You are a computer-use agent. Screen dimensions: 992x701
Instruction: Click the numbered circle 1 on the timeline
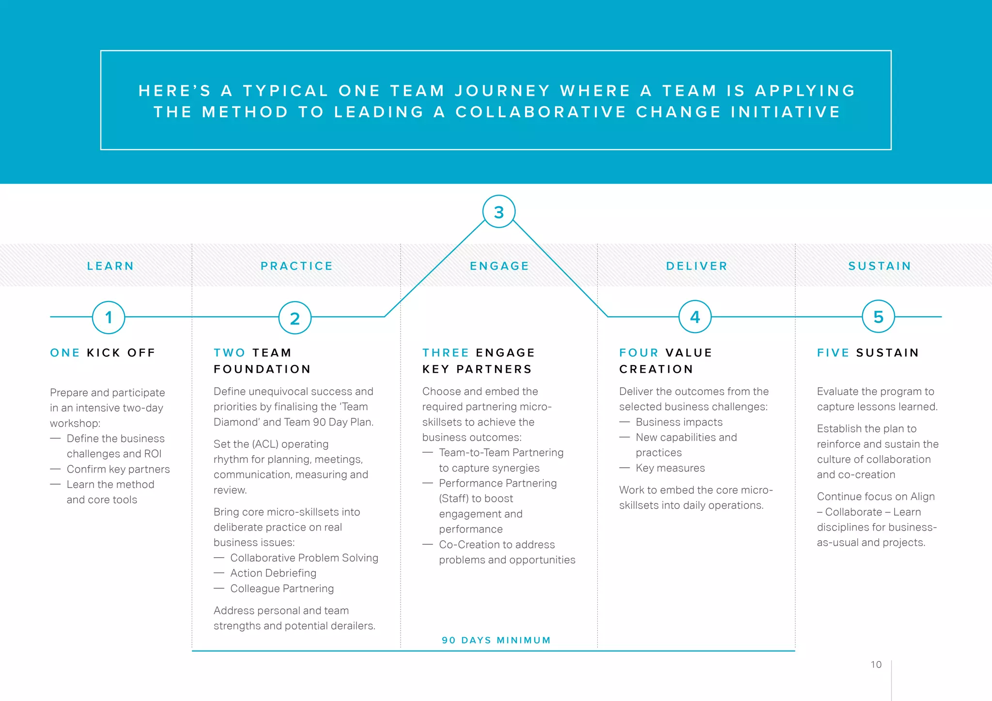tap(108, 317)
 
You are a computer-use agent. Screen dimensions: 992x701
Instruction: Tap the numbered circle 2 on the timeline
tap(294, 318)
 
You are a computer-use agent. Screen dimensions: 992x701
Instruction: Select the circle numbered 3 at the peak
tap(499, 212)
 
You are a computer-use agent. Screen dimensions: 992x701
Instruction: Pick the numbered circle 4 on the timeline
tap(695, 317)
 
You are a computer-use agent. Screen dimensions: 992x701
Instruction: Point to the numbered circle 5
tap(878, 317)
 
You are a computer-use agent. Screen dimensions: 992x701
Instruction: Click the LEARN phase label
tap(110, 266)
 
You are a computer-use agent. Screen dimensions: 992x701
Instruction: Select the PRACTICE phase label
tap(296, 266)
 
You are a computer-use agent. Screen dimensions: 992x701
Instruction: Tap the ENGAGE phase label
tap(499, 266)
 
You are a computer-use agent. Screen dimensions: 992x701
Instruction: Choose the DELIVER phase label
tap(697, 266)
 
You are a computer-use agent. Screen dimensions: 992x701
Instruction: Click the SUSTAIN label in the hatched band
tap(880, 266)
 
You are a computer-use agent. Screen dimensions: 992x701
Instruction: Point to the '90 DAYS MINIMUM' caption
tap(496, 640)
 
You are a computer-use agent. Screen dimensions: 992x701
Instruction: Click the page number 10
tap(876, 665)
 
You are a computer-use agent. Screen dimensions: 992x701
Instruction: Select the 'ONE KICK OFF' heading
tap(103, 352)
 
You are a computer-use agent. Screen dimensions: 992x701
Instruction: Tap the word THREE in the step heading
tap(445, 352)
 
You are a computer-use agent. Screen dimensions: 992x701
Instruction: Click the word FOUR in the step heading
tap(638, 352)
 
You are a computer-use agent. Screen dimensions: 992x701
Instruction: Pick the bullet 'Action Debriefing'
tap(273, 573)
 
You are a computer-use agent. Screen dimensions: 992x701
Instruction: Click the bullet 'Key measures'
tap(670, 468)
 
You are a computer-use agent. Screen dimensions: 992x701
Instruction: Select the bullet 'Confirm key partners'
tap(118, 469)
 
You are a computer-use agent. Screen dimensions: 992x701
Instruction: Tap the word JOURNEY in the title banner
tap(502, 91)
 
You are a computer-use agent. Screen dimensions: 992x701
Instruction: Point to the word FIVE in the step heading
tap(833, 352)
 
